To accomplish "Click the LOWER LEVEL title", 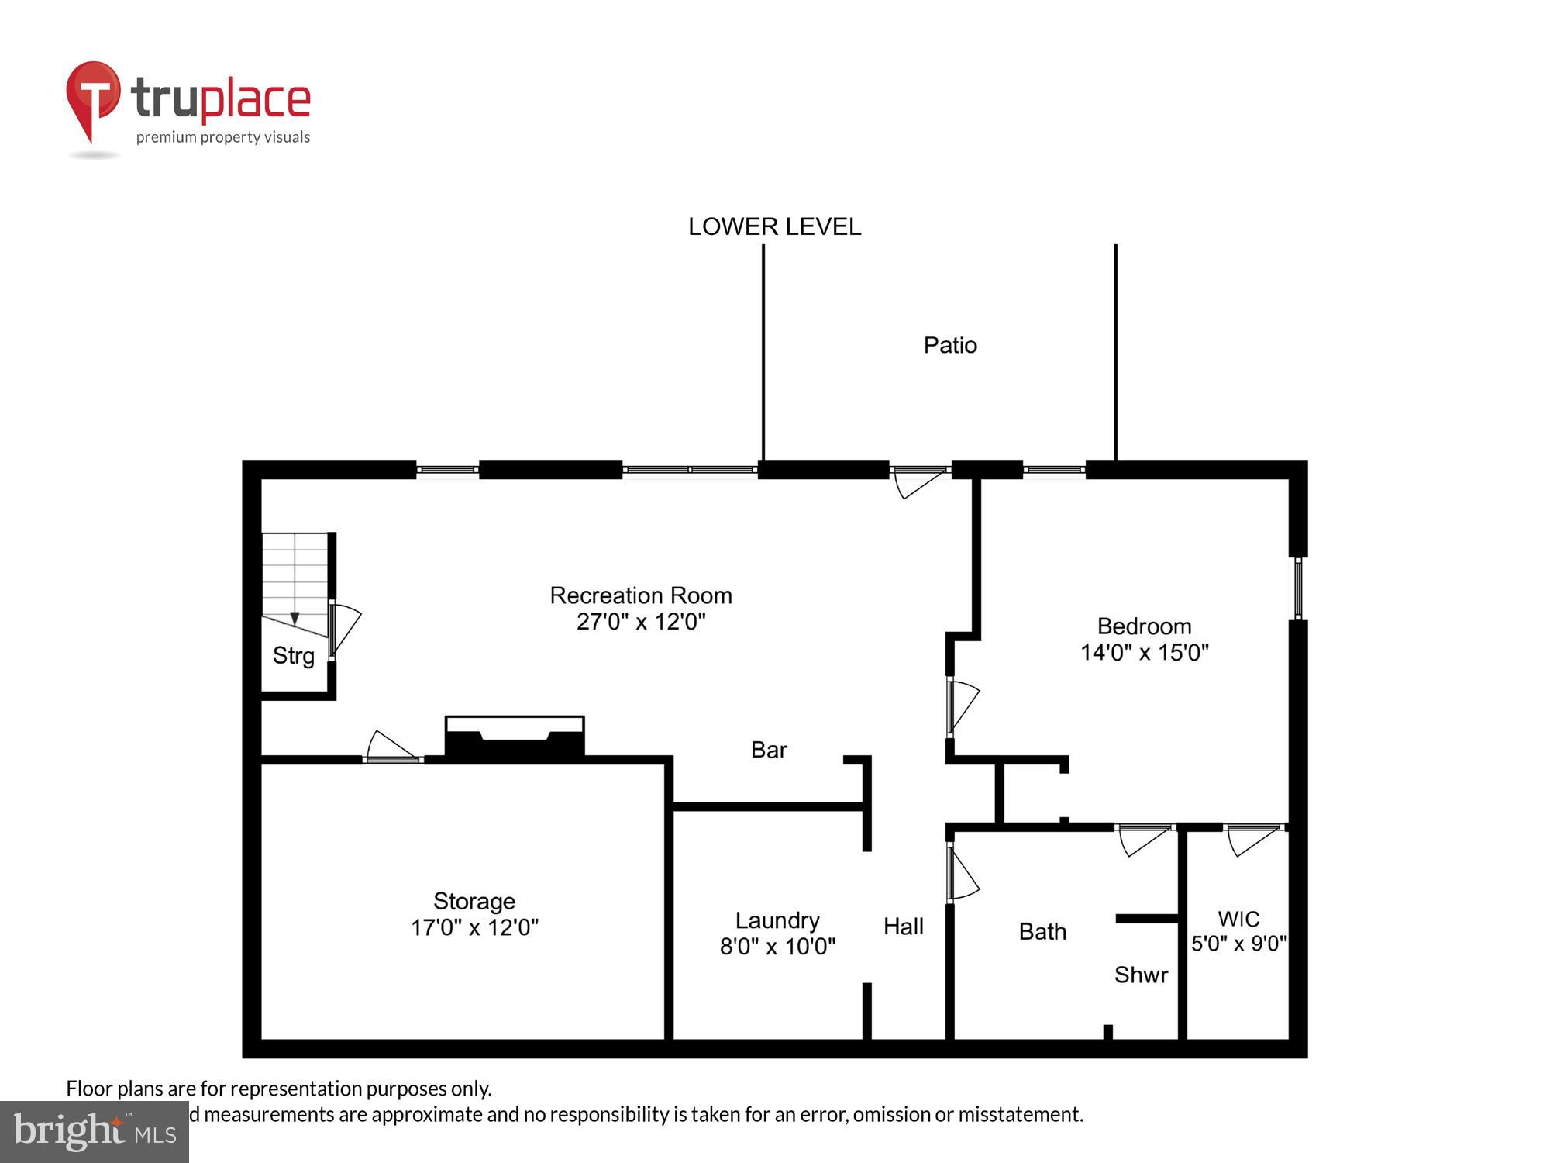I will pos(774,226).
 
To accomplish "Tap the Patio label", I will pos(950,345).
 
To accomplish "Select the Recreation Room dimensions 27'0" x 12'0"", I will pos(641,622).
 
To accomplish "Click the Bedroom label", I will pos(1144,626).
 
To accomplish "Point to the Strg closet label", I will pos(294,656).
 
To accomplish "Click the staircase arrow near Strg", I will pos(294,618).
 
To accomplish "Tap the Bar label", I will pos(769,750).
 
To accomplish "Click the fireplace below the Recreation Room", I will pos(515,737).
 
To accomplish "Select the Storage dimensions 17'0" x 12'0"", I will pos(474,927).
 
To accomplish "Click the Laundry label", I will pos(777,920).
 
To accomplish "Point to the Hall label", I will pos(904,927).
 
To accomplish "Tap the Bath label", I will pos(1042,931).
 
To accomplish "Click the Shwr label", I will pos(1141,975).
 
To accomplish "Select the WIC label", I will pos(1238,919).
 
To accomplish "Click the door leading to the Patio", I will pos(919,481).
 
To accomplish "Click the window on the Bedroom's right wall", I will pos(1298,588).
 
